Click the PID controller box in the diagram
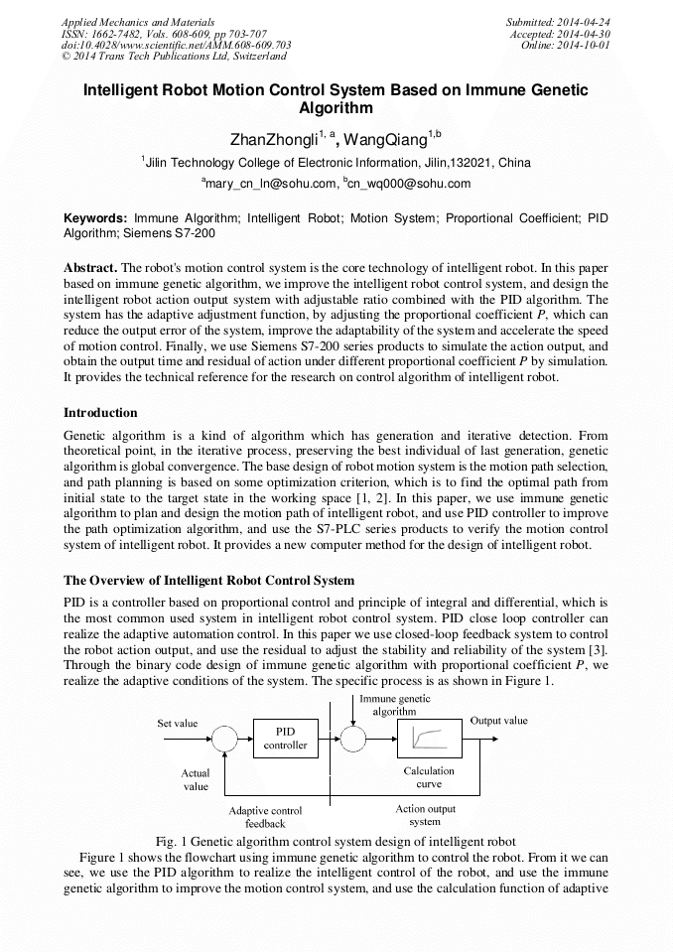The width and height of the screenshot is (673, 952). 285,739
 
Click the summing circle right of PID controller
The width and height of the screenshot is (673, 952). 352,739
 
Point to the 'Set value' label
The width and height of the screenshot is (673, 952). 179,724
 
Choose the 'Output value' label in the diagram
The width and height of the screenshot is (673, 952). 498,721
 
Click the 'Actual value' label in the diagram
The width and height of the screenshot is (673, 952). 196,779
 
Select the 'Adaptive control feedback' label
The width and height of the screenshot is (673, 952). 265,817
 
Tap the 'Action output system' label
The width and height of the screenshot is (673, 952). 425,815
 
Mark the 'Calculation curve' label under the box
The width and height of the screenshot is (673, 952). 429,777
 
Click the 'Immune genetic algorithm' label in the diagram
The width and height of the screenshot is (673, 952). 394,705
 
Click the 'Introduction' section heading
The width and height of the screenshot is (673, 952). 100,413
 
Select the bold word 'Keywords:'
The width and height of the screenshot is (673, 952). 95,216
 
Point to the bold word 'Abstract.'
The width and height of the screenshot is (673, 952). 90,268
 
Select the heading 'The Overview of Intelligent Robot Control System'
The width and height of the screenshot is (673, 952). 208,580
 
